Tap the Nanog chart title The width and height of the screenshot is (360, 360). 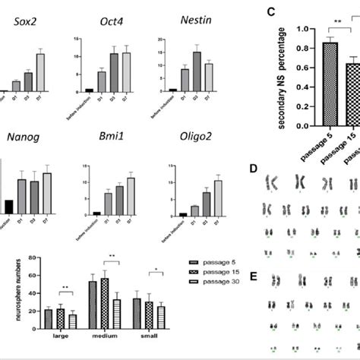coord(22,137)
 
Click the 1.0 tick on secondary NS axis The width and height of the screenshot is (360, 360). coord(287,29)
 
